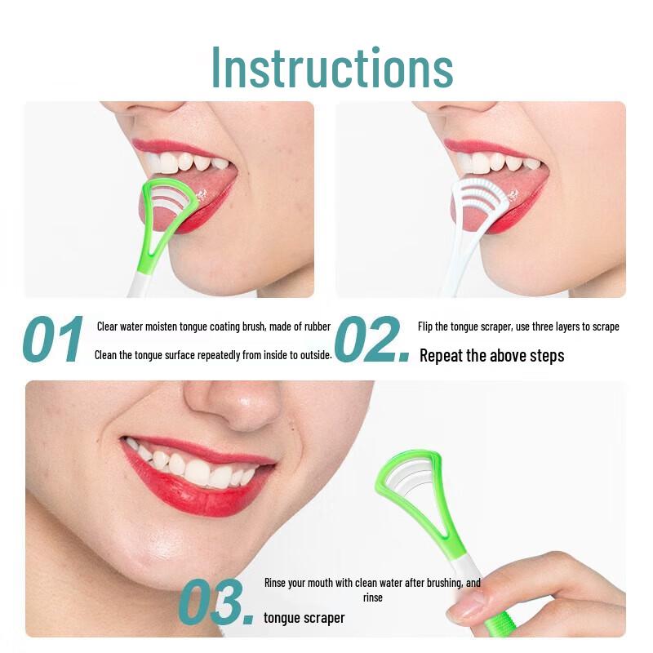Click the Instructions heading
click(x=332, y=68)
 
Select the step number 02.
click(x=371, y=340)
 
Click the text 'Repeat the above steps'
click(x=491, y=356)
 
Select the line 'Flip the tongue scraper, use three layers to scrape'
click(x=518, y=326)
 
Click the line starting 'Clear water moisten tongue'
click(x=214, y=326)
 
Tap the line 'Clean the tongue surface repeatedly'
click(x=214, y=355)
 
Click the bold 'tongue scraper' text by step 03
click(x=304, y=618)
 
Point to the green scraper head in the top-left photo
click(x=167, y=209)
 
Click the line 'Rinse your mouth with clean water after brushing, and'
click(x=372, y=583)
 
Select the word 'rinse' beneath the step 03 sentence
click(x=372, y=597)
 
